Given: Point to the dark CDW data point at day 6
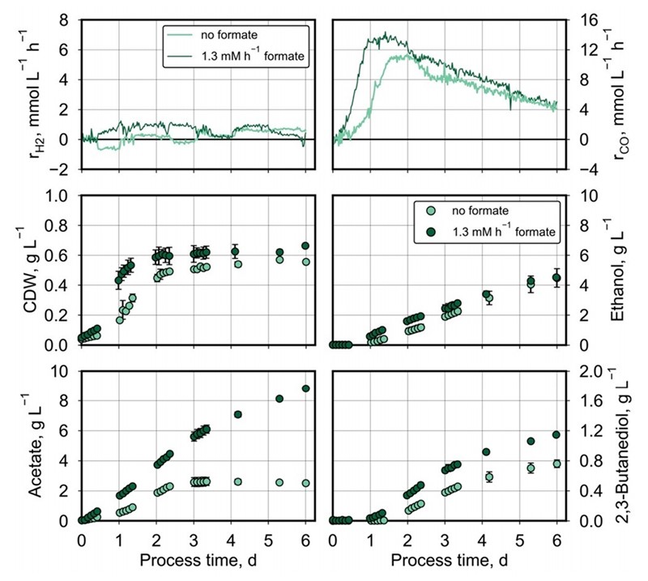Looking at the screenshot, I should pyautogui.click(x=305, y=246).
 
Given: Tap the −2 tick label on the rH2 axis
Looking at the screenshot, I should pyautogui.click(x=63, y=169).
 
